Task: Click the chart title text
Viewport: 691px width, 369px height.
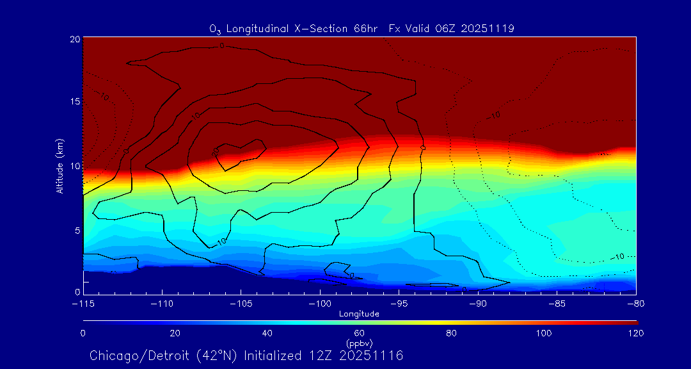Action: click(361, 28)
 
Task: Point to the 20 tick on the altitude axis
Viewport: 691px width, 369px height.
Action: click(75, 39)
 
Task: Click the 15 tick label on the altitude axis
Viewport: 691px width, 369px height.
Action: click(75, 102)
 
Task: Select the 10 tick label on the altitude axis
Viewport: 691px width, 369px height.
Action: click(75, 166)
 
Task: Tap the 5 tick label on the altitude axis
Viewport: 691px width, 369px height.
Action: click(77, 229)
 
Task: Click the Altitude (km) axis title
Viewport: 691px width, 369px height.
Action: click(60, 166)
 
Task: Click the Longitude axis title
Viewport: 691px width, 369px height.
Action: click(360, 314)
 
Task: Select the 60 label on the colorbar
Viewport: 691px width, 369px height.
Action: click(360, 333)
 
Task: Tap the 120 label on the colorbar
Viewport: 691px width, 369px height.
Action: click(635, 333)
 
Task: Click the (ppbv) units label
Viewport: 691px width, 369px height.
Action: click(360, 343)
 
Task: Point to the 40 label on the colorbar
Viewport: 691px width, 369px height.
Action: click(267, 333)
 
